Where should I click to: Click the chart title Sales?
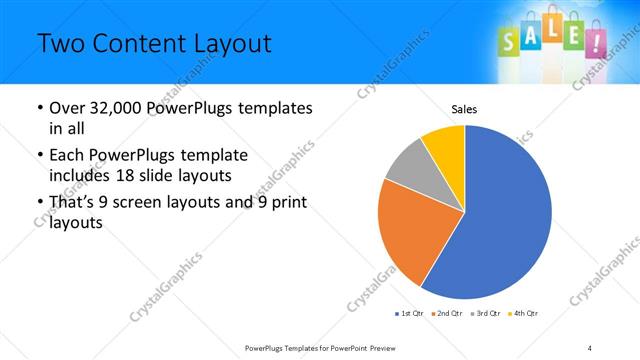464,107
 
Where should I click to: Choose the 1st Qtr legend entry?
410,314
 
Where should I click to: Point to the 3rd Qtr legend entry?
485,314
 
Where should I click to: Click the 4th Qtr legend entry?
523,314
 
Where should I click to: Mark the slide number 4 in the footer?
590,347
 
